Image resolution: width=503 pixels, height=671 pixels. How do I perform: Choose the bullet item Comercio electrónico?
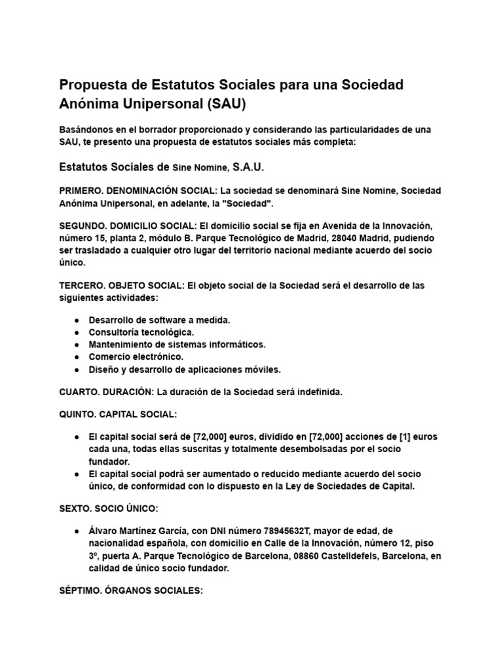(136, 357)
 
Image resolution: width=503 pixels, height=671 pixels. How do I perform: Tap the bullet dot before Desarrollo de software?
(77, 320)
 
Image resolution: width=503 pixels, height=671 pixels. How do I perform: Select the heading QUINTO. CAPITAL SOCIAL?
(118, 414)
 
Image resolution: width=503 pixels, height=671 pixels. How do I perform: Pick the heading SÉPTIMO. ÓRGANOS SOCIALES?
(131, 591)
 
